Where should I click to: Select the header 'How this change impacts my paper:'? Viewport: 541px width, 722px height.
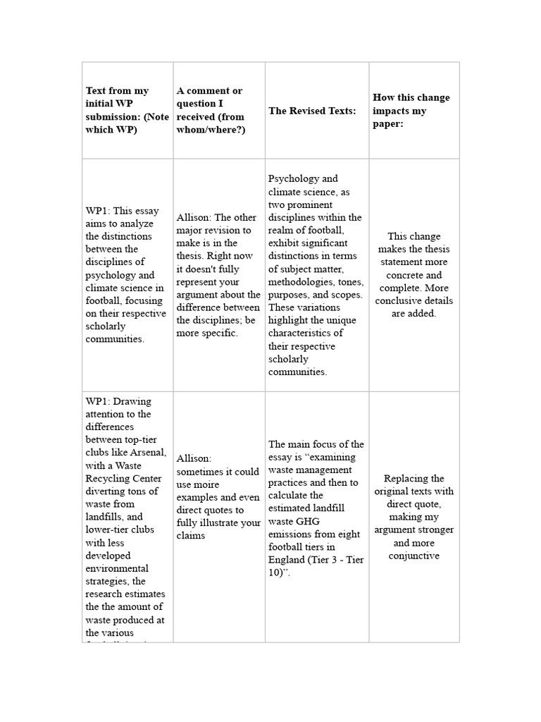click(411, 111)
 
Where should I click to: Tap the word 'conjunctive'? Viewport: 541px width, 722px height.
click(414, 556)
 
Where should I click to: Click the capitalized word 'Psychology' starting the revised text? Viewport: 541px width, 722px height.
click(293, 179)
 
